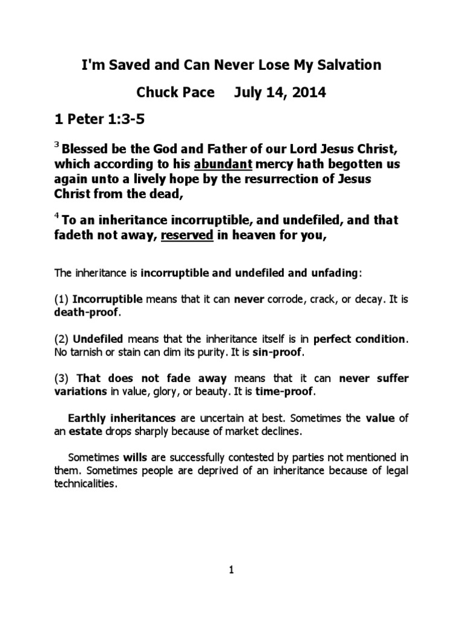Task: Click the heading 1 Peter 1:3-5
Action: [99, 121]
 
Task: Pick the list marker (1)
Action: [61, 299]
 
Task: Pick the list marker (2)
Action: [61, 339]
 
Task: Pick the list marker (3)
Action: [61, 378]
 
